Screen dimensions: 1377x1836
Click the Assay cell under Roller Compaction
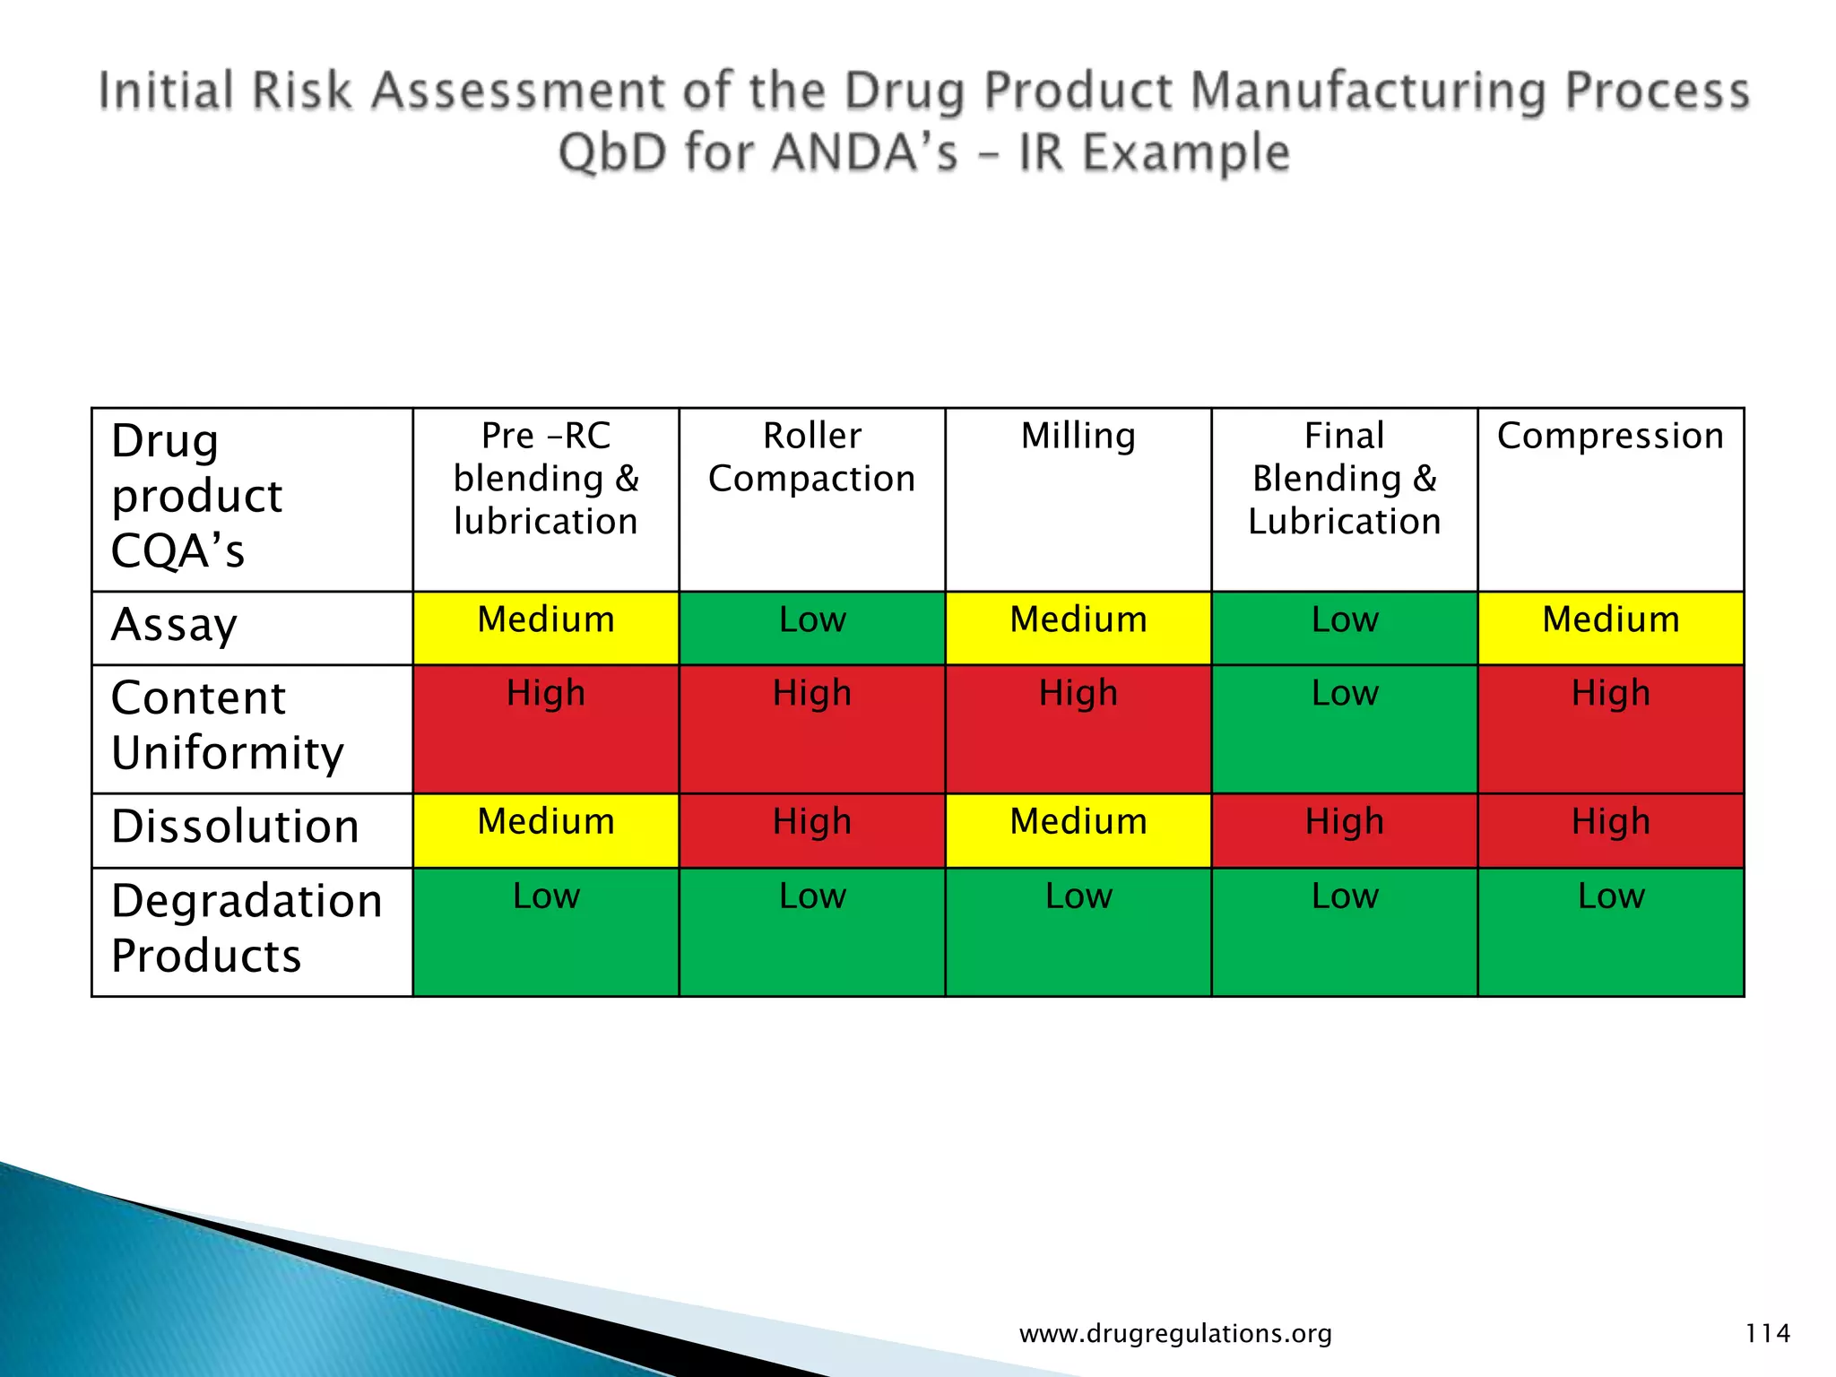pyautogui.click(x=812, y=628)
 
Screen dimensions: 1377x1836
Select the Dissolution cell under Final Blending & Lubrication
pyautogui.click(x=1344, y=829)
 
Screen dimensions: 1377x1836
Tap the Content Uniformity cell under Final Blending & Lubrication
pyautogui.click(x=1344, y=728)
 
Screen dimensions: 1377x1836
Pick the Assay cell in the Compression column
pyautogui.click(x=1610, y=628)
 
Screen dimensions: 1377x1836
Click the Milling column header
pyautogui.click(x=1078, y=437)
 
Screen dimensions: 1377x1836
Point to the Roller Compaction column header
pyautogui.click(x=812, y=457)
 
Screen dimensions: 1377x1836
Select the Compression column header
pyautogui.click(x=1610, y=437)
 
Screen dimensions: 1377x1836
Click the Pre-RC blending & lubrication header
pyautogui.click(x=545, y=479)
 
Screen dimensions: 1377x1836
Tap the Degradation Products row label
pyautogui.click(x=247, y=929)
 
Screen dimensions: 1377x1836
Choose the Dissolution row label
pyautogui.click(x=235, y=827)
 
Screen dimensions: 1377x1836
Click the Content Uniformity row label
pyautogui.click(x=228, y=725)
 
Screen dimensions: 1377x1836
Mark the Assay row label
pyautogui.click(x=174, y=626)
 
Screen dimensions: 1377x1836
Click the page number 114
pyautogui.click(x=1767, y=1333)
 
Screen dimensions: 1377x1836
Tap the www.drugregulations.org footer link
pyautogui.click(x=1175, y=1334)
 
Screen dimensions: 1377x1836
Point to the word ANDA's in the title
pyautogui.click(x=865, y=152)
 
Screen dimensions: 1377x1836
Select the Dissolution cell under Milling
pyautogui.click(x=1078, y=829)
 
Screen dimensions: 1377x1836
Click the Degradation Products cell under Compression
pyautogui.click(x=1610, y=931)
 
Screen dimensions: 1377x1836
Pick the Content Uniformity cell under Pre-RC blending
pyautogui.click(x=545, y=728)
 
